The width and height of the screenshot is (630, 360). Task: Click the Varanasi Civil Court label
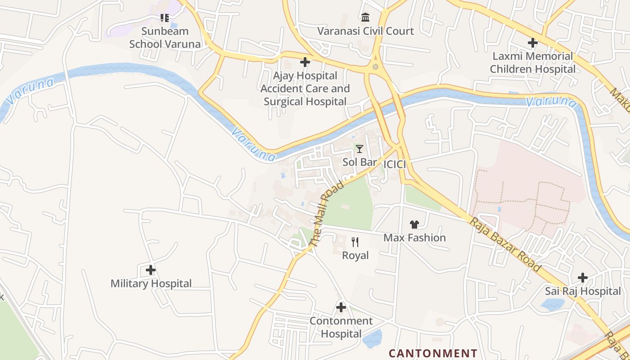[x=365, y=31]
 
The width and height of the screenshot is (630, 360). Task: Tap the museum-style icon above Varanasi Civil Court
[x=365, y=18]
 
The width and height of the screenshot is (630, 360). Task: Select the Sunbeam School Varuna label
[x=165, y=37]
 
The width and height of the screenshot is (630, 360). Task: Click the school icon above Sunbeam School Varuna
[x=165, y=18]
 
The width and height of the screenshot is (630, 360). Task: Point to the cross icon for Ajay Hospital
[x=305, y=62]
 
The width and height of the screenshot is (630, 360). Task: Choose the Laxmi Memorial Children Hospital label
[x=532, y=63]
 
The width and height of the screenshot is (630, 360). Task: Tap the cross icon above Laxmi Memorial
[x=532, y=43]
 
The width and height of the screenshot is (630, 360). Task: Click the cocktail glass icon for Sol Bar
[x=359, y=148]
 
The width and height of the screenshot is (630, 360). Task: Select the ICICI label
[x=395, y=164]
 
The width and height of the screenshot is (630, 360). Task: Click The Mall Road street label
[x=327, y=214]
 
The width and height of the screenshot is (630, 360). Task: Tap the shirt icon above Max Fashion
[x=414, y=224]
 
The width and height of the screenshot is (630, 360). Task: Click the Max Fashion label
[x=414, y=238]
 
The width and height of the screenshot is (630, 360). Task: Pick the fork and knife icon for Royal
[x=355, y=242]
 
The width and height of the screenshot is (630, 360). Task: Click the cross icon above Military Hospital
[x=151, y=270]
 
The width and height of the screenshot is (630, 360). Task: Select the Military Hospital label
[x=151, y=283]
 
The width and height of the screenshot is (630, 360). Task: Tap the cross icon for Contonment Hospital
[x=341, y=307]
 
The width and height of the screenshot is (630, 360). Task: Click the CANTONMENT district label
[x=433, y=353]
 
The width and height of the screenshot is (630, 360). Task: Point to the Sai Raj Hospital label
[x=583, y=291]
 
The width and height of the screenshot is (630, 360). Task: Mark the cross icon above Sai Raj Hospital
[x=583, y=277]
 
